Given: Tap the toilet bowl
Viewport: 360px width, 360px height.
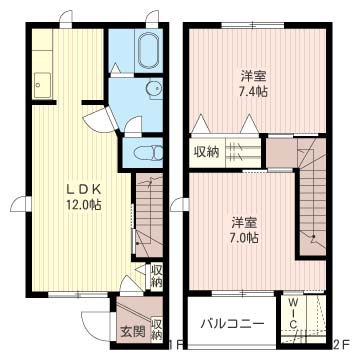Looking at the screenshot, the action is (x=148, y=154).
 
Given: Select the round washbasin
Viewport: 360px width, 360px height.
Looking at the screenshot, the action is (x=154, y=88).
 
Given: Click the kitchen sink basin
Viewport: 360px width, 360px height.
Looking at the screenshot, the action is (x=42, y=86).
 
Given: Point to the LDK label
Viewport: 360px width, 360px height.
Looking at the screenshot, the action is (x=84, y=190).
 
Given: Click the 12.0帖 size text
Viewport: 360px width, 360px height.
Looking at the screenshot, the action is (x=84, y=205).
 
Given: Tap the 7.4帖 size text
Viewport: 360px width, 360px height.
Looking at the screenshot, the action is (x=254, y=91).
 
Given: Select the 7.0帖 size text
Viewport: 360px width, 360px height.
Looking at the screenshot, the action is (x=245, y=237).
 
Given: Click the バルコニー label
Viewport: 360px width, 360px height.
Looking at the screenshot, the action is (x=232, y=323).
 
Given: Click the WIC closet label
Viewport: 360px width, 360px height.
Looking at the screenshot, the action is (x=293, y=313).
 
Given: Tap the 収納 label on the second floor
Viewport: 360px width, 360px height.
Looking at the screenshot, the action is (x=207, y=152).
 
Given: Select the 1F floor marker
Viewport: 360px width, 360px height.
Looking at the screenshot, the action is (x=176, y=344).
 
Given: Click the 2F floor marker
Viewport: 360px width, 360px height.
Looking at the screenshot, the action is (x=341, y=344).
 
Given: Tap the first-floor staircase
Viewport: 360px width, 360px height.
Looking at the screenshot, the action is (x=149, y=215).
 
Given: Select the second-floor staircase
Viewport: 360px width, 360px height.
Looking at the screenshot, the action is (x=313, y=197).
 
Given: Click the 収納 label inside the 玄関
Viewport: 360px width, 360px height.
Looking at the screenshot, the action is (x=156, y=329).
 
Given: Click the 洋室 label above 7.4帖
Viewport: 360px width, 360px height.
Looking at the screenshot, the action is (x=254, y=77).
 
